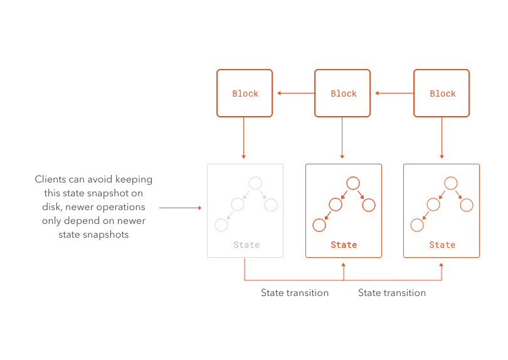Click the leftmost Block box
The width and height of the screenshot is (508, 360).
point(245,93)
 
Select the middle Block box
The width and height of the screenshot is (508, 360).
point(343,93)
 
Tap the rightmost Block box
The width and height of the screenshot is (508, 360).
point(442,93)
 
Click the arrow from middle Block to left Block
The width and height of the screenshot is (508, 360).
point(295,93)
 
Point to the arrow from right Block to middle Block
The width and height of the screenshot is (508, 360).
point(394,93)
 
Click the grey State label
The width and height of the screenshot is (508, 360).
point(246,245)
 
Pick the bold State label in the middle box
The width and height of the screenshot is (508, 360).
point(344,245)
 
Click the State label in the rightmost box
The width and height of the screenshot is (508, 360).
point(442,245)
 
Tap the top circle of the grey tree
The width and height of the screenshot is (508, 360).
point(255,183)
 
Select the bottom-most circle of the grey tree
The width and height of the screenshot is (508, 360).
point(221,225)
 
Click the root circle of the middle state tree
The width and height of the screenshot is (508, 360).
point(353,183)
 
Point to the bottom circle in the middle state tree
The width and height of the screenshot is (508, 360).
point(319,225)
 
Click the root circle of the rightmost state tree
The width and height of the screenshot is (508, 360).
point(451,183)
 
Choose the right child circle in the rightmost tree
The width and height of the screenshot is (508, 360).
point(467,204)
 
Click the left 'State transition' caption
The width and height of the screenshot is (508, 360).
point(295,293)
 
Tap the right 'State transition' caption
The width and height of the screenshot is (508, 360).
point(392,293)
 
